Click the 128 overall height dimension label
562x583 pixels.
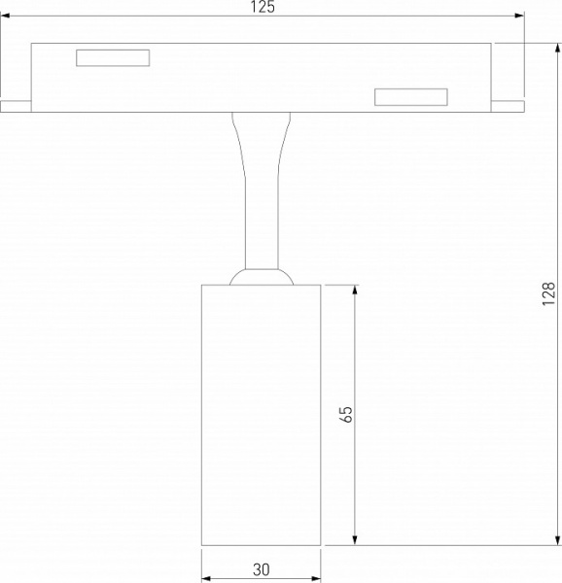[x=549, y=293]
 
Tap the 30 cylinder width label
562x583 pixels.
[x=261, y=570]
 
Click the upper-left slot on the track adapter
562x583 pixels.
[x=113, y=58]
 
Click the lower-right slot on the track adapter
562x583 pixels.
[x=411, y=96]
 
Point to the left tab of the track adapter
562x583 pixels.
[x=16, y=105]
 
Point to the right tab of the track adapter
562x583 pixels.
[x=509, y=105]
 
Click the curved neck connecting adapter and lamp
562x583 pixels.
[x=261, y=185]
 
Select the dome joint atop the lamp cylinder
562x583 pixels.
[x=261, y=277]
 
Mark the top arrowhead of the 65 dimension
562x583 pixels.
[x=356, y=291]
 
